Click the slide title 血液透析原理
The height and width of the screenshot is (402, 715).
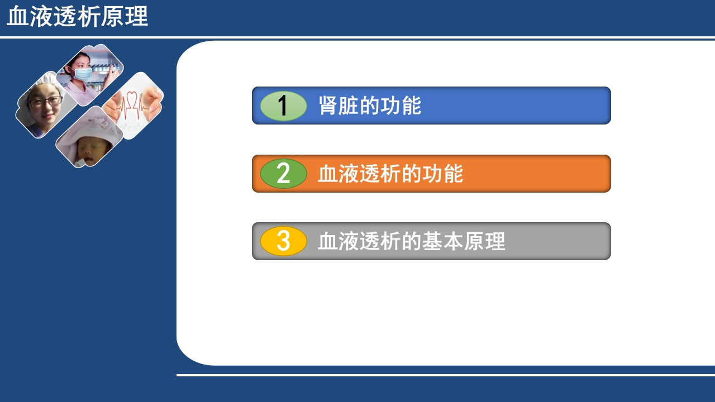[77, 17]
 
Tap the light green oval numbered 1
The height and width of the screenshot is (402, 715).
[284, 106]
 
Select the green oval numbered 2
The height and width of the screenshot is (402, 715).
[284, 174]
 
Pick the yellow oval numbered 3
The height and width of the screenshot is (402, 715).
[284, 241]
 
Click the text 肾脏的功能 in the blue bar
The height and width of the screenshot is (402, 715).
[370, 106]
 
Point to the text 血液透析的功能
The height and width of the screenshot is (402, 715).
[390, 174]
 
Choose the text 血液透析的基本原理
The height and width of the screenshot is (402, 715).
[412, 241]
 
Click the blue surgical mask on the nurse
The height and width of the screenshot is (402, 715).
[83, 73]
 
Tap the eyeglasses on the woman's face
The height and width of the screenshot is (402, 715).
[45, 102]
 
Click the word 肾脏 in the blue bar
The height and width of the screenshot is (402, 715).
[339, 106]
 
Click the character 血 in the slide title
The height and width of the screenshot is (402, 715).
[17, 17]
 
